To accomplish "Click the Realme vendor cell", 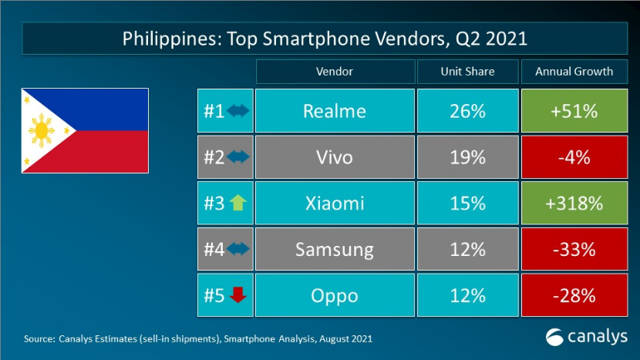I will coord(334,111).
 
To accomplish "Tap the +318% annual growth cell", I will coord(574,204).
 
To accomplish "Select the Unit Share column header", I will coord(467,72).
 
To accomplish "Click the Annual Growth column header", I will coord(574,72).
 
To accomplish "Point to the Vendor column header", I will coord(334,72).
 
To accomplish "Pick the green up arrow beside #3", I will coord(237,204).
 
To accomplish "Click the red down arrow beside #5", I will coord(237,295).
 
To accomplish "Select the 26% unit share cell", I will coord(467,111).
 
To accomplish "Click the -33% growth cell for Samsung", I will coord(574,249).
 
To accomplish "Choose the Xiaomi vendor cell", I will coord(334,204).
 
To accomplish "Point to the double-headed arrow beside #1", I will coord(237,111).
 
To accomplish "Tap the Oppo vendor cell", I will coord(334,295).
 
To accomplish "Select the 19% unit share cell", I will coord(467,157).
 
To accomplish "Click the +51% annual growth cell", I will coord(574,111).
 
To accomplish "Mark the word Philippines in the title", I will coord(165,39).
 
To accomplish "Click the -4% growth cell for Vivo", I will coord(574,157).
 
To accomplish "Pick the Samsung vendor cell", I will coord(334,249).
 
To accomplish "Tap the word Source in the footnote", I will coord(39,338).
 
